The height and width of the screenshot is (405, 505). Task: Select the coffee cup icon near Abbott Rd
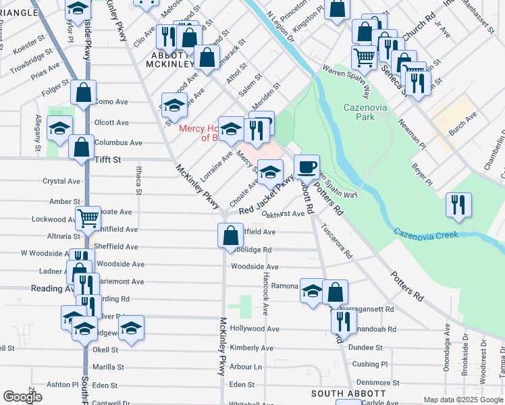click(307, 165)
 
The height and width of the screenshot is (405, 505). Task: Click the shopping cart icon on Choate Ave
click(88, 218)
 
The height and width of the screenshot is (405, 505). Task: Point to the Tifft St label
click(107, 160)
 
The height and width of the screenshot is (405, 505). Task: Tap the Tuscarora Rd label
click(336, 242)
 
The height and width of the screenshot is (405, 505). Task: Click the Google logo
click(23, 397)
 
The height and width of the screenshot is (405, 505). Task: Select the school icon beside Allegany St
click(59, 128)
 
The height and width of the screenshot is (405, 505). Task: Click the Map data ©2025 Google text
click(462, 400)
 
